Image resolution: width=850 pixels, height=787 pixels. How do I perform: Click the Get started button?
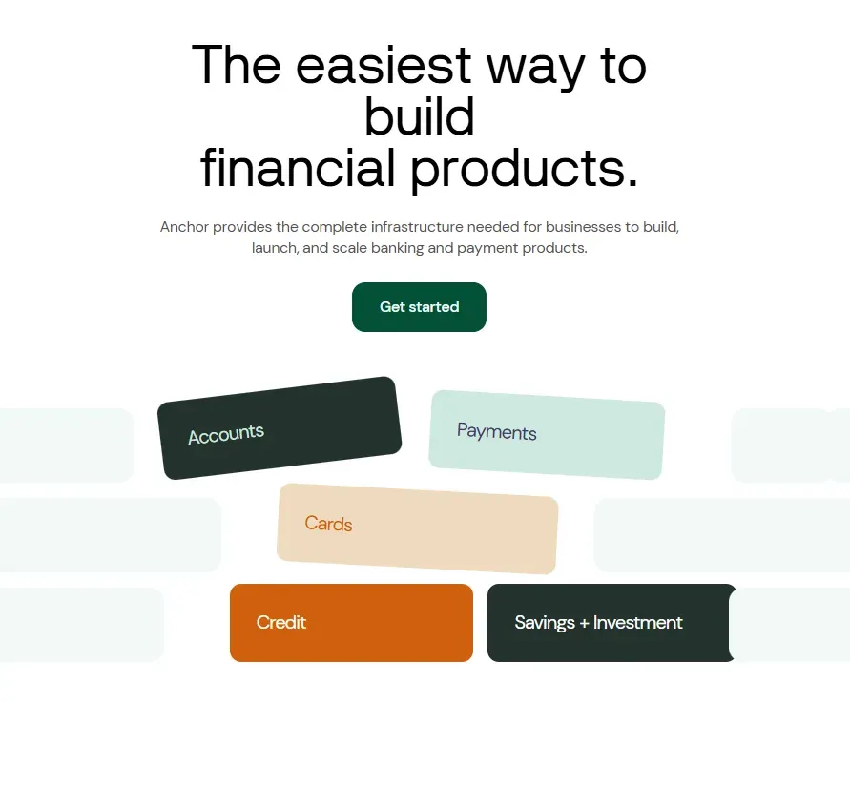click(419, 307)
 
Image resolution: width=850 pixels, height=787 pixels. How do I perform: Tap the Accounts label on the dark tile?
click(226, 434)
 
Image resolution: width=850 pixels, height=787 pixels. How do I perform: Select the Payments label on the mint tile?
click(497, 431)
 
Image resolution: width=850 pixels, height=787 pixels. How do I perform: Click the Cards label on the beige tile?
click(328, 524)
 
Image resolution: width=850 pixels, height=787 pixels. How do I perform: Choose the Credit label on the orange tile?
click(280, 622)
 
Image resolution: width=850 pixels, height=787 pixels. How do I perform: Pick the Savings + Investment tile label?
click(598, 622)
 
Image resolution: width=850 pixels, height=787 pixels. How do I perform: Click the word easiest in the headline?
click(384, 66)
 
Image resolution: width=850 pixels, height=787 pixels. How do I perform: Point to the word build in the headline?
click(420, 116)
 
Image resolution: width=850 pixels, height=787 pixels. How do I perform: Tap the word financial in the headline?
click(298, 168)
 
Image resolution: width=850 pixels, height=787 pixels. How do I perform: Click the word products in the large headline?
click(518, 169)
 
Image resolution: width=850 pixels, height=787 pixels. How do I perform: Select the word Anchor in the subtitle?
click(184, 227)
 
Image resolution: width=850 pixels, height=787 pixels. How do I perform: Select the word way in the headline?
click(535, 71)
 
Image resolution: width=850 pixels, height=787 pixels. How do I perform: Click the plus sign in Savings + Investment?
click(584, 623)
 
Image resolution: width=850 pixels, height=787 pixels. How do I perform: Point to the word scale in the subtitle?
click(349, 248)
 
